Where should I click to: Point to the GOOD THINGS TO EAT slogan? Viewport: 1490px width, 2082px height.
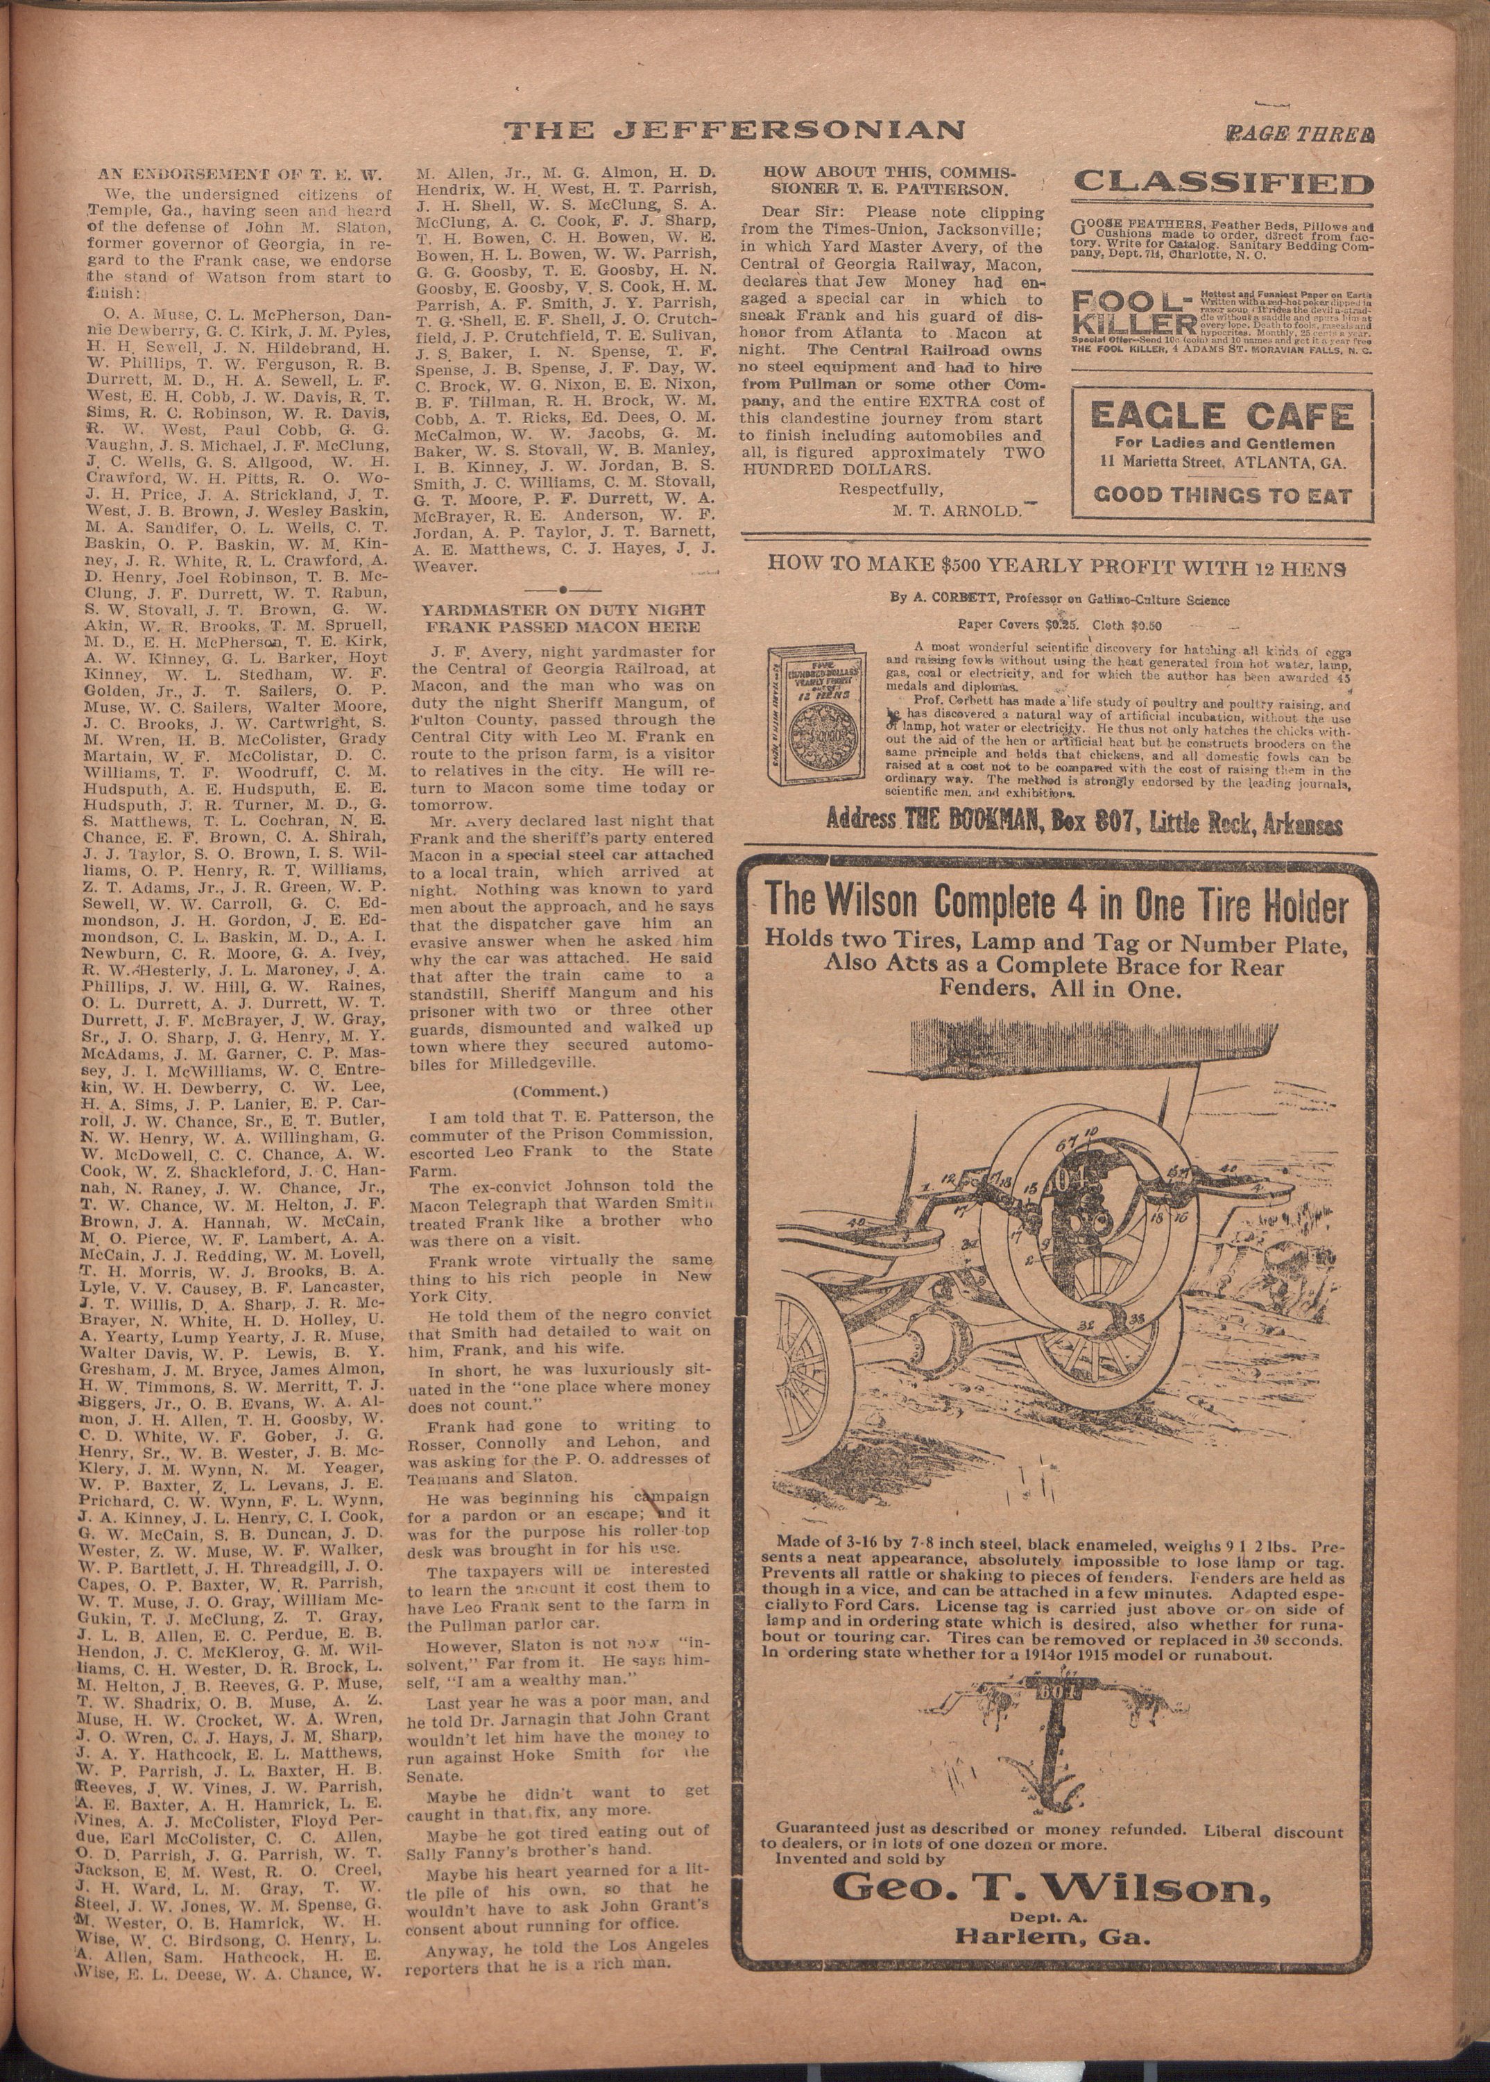(1222, 497)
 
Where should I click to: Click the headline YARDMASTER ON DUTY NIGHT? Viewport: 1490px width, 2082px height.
(563, 609)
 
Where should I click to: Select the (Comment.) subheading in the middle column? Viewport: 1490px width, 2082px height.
(560, 1092)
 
